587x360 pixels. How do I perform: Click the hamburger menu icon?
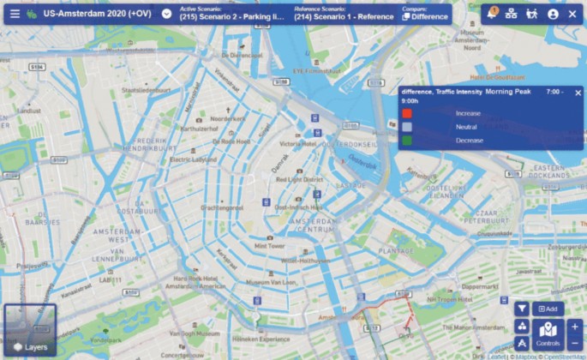(x=15, y=14)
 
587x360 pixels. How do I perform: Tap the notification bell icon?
(x=491, y=14)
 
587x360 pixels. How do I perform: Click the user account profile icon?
(x=553, y=14)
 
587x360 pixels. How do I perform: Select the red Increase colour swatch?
(x=408, y=113)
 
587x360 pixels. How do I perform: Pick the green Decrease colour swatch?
(x=408, y=140)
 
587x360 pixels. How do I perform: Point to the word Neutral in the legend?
(x=468, y=127)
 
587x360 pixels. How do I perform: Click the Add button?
(x=548, y=309)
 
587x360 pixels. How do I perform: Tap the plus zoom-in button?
(x=574, y=327)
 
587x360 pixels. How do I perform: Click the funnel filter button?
(x=521, y=309)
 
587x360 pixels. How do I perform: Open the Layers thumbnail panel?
(x=30, y=330)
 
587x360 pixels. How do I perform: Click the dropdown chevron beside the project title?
(x=167, y=14)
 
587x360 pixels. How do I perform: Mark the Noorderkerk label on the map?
(x=228, y=118)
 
